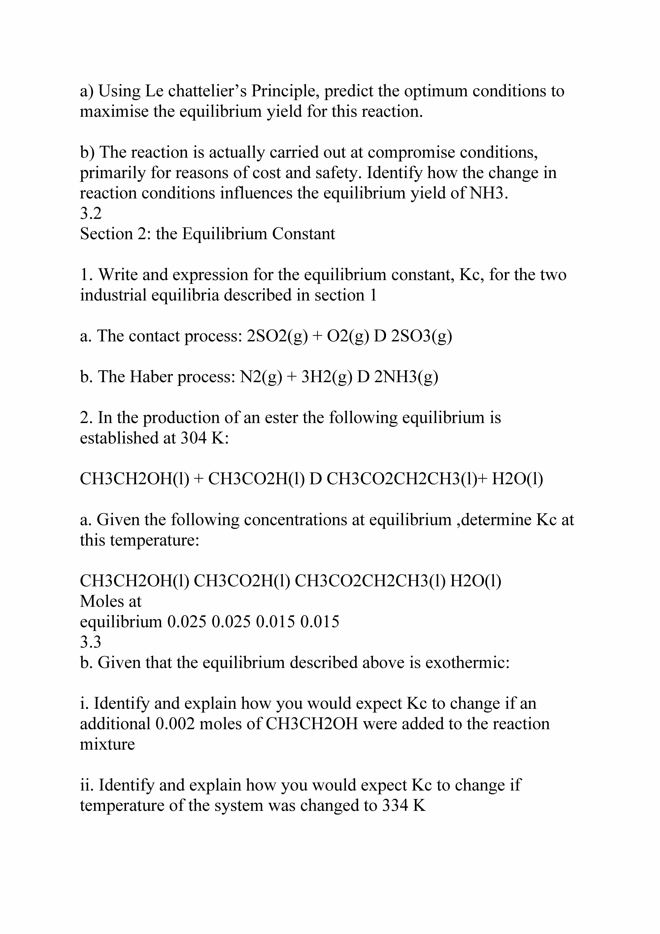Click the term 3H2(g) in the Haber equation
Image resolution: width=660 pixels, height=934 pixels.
pos(327,377)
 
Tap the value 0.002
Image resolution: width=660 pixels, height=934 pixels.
pos(175,724)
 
